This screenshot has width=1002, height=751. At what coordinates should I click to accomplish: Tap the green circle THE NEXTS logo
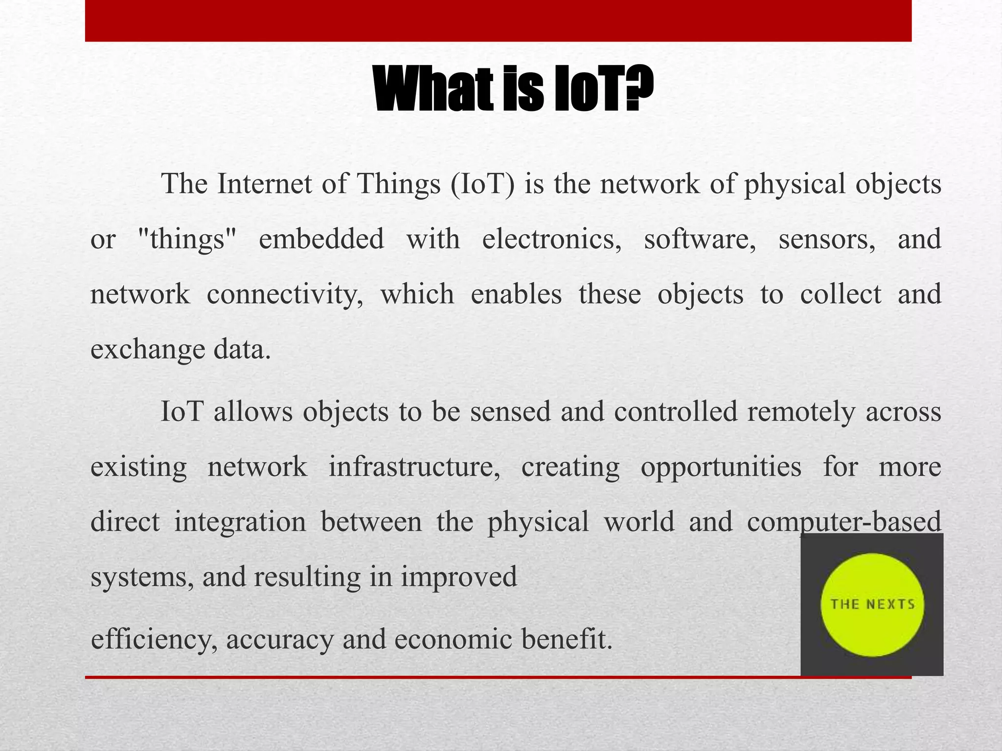click(x=872, y=604)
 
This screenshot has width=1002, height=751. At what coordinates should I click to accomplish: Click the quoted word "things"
click(x=187, y=240)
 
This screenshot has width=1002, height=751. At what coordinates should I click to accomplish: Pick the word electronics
click(x=551, y=240)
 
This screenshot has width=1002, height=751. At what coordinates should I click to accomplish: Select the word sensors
click(x=827, y=240)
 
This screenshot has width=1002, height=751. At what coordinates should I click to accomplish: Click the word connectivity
click(x=285, y=295)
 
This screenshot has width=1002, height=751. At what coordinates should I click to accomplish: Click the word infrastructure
click(x=414, y=466)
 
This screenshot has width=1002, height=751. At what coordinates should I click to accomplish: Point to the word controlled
click(x=675, y=412)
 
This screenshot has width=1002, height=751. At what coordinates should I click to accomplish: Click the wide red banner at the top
click(x=498, y=21)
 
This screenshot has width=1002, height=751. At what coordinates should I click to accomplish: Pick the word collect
click(x=840, y=295)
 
